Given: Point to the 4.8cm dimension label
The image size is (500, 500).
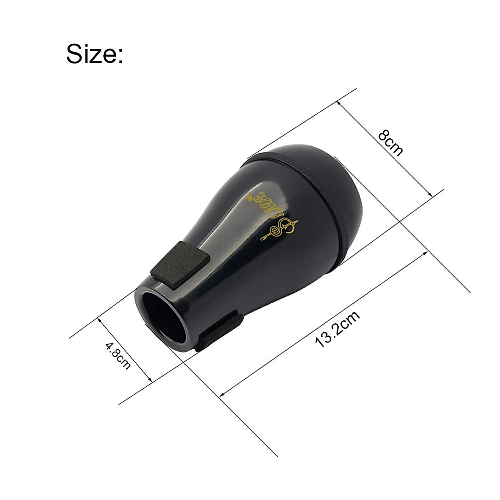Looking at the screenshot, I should coord(118,355).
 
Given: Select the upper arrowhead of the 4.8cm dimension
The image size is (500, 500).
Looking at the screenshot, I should coord(99,319).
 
